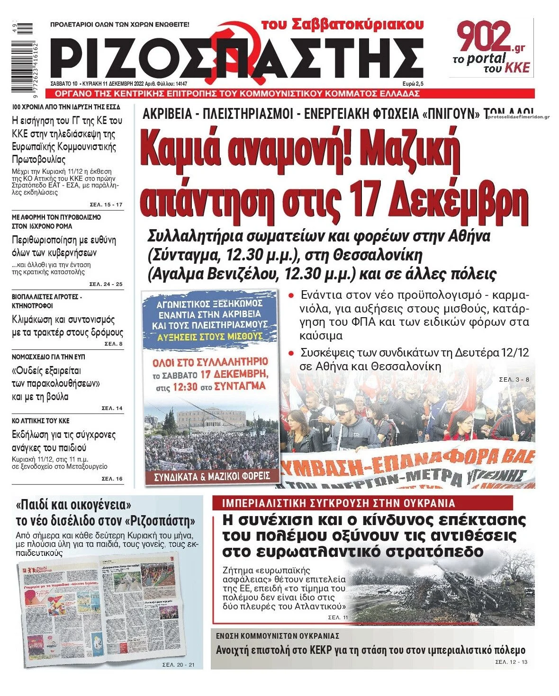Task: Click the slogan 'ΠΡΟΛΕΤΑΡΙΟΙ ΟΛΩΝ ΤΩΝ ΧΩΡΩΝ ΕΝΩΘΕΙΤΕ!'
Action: tap(119, 24)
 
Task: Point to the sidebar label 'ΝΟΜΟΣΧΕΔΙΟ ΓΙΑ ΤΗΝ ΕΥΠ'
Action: tap(48, 357)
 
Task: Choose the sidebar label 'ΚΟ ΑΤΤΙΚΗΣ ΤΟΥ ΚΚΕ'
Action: tap(40, 420)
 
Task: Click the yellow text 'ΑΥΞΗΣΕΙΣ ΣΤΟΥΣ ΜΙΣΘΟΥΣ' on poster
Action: tap(210, 336)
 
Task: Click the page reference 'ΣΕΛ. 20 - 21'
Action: tap(179, 665)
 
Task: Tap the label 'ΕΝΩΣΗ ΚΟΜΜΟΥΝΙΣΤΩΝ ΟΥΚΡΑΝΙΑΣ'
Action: tap(278, 636)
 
